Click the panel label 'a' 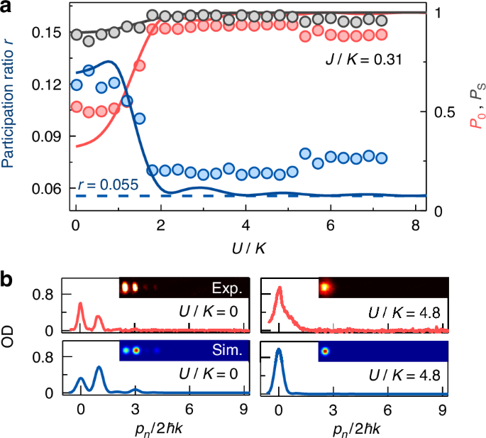(8, 9)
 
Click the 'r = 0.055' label (107, 185)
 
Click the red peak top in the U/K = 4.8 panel (280, 288)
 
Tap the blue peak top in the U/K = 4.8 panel (279, 349)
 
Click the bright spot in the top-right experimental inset (327, 288)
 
